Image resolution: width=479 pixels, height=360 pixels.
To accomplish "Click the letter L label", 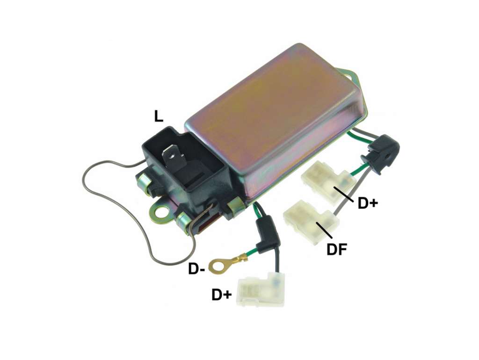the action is [x=159, y=116].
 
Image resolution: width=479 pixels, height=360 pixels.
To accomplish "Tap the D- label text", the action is [x=196, y=269].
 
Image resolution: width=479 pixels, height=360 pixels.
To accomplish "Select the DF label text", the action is [x=337, y=250].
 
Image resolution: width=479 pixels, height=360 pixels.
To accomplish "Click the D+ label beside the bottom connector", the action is [x=222, y=295].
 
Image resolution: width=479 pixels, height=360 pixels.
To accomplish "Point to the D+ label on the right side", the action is [x=368, y=203].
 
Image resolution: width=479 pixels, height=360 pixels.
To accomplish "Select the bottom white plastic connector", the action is [x=260, y=289].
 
